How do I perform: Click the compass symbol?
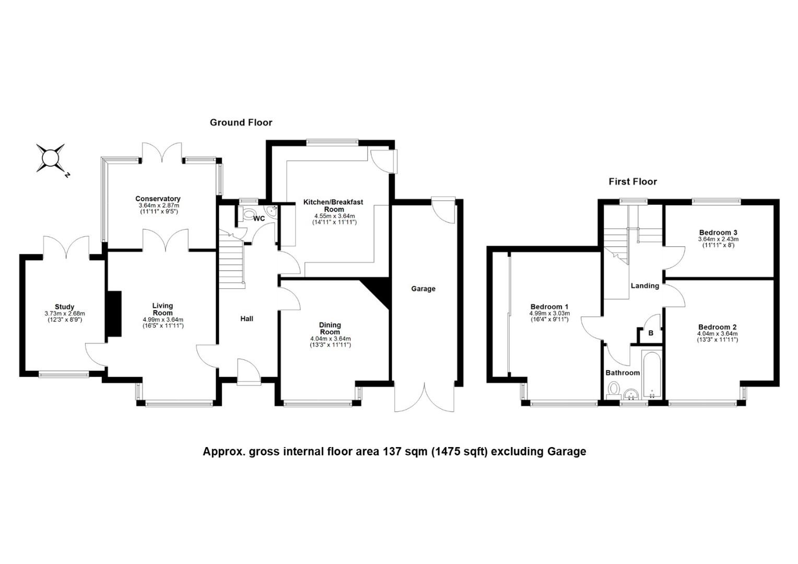pyautogui.click(x=51, y=158)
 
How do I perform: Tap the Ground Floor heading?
pyautogui.click(x=241, y=123)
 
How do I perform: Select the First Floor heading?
pyautogui.click(x=632, y=182)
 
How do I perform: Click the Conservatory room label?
pyautogui.click(x=158, y=199)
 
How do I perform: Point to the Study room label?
pyautogui.click(x=64, y=307)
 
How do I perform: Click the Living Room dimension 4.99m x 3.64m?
pyautogui.click(x=163, y=320)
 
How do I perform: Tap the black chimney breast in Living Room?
pyautogui.click(x=113, y=313)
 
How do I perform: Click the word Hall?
pyautogui.click(x=247, y=319)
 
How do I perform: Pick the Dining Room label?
pyautogui.click(x=330, y=328)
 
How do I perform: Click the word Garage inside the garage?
pyautogui.click(x=423, y=289)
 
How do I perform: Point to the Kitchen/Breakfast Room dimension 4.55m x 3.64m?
pyautogui.click(x=334, y=216)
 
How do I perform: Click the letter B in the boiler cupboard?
pyautogui.click(x=651, y=333)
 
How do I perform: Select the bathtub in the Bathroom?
pyautogui.click(x=652, y=375)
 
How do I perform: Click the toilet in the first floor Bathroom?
pyautogui.click(x=614, y=390)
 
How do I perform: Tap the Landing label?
pyautogui.click(x=645, y=286)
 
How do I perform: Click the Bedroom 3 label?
pyautogui.click(x=718, y=233)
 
